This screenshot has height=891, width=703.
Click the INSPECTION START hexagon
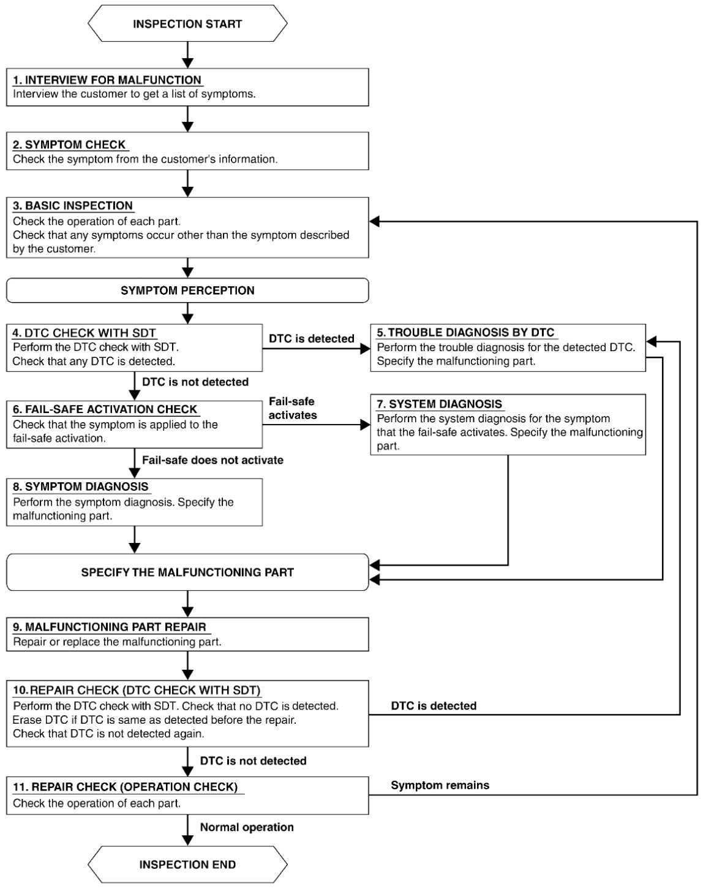point(187,23)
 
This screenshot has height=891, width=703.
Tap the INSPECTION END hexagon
point(187,865)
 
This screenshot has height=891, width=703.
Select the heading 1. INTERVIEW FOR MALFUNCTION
point(107,80)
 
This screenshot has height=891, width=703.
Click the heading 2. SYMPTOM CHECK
point(69,145)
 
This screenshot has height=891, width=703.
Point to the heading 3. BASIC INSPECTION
point(73,206)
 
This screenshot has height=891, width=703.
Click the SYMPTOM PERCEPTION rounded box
point(187,290)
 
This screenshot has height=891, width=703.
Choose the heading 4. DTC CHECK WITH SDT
point(84,333)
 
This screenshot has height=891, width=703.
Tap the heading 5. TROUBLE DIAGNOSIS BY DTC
point(465,333)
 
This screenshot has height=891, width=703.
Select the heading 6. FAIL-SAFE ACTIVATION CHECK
point(105,409)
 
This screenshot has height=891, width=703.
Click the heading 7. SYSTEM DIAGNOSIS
point(440,404)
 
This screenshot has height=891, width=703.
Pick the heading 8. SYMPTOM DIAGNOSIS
point(81,487)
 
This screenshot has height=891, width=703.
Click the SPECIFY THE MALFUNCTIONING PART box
point(187,572)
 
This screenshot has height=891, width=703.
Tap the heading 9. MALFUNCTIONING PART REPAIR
point(110,627)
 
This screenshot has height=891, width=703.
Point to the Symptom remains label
point(440,785)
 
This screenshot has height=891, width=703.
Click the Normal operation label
point(247,827)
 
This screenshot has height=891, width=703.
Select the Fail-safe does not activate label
point(212,460)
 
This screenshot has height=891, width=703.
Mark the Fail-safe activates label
point(293,408)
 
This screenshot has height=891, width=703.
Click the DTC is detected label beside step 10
point(434,705)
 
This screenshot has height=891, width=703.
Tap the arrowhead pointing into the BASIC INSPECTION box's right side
point(374,221)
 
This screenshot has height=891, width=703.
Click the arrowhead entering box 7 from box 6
point(366,425)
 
